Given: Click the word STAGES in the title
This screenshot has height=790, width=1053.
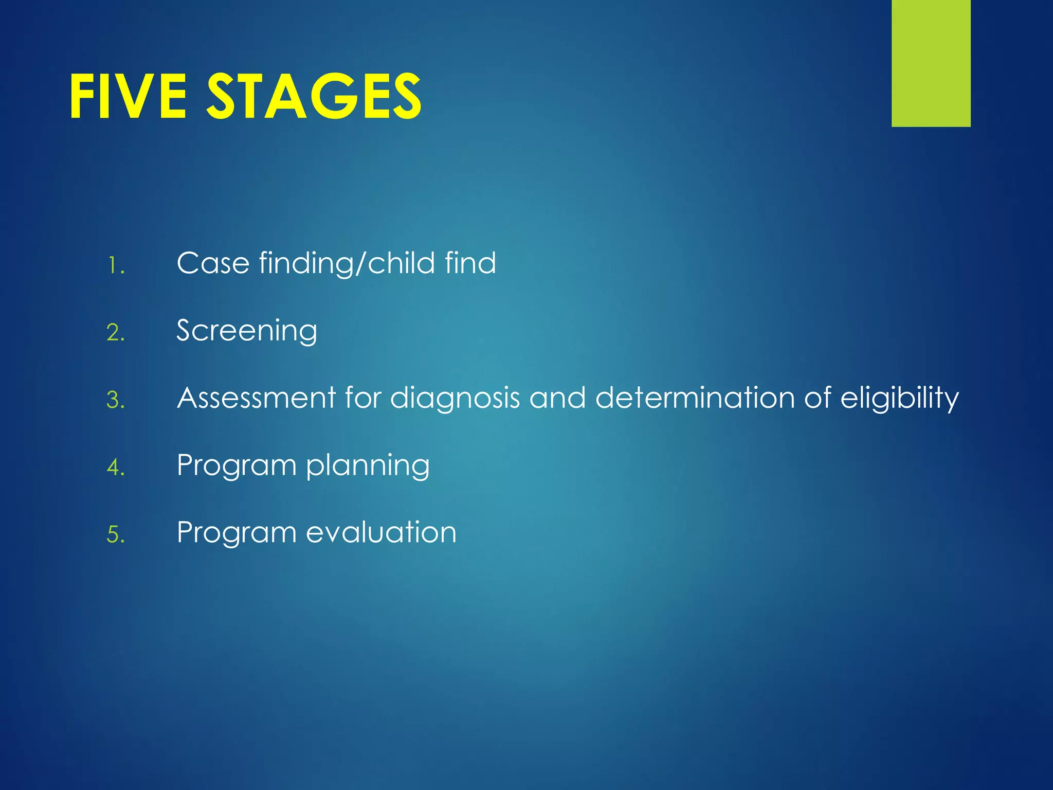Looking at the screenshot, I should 314,96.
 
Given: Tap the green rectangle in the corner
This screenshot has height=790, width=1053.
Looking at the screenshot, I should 931,63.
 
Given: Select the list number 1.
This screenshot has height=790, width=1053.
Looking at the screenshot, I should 115,266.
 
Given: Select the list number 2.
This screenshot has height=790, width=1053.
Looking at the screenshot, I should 115,333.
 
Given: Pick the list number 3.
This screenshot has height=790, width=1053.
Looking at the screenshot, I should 115,400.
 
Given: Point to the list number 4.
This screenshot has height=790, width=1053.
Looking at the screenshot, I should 115,468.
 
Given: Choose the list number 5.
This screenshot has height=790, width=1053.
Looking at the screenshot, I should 115,535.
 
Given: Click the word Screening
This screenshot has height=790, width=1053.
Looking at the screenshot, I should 247,331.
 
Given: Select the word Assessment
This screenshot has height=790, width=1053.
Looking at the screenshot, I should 256,398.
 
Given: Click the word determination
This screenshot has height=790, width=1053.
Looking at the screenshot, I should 695,398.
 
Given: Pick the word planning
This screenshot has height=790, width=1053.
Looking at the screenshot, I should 368,466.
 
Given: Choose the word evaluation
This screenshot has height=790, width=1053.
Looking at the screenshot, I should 381,533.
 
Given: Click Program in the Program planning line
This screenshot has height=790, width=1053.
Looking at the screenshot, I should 237,466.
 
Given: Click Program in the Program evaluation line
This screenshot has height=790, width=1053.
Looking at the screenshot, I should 237,533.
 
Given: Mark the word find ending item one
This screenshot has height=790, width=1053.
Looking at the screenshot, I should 470,263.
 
